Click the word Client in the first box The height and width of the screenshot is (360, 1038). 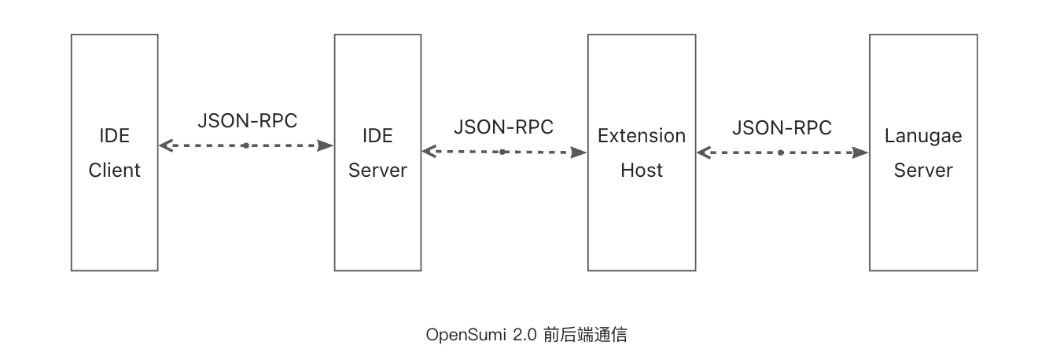coord(114,170)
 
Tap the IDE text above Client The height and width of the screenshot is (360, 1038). coord(114,136)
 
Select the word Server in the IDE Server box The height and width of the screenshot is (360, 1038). coord(377,170)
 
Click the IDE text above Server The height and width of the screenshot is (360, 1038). coord(377,136)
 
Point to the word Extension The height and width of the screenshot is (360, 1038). coord(642,136)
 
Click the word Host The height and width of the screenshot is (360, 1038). coord(642,170)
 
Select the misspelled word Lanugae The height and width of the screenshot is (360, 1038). coord(923,136)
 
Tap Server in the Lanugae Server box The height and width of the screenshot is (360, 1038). coord(923,170)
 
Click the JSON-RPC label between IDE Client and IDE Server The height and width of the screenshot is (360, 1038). coord(248,121)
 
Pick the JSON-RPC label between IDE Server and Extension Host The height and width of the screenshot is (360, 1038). coord(503,127)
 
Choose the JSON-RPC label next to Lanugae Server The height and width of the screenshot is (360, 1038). coord(782,127)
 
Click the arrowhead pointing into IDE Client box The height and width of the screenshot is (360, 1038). coord(165,145)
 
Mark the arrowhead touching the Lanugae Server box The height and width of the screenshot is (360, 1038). coord(862,152)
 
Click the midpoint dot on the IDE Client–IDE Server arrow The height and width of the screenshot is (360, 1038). coord(245,145)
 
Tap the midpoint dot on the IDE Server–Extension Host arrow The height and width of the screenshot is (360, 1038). coord(502,152)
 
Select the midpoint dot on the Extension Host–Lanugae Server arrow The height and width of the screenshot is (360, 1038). coord(781,152)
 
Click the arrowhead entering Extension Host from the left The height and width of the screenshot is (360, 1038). coord(580,152)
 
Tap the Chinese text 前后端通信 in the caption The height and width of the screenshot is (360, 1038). coord(585,335)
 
